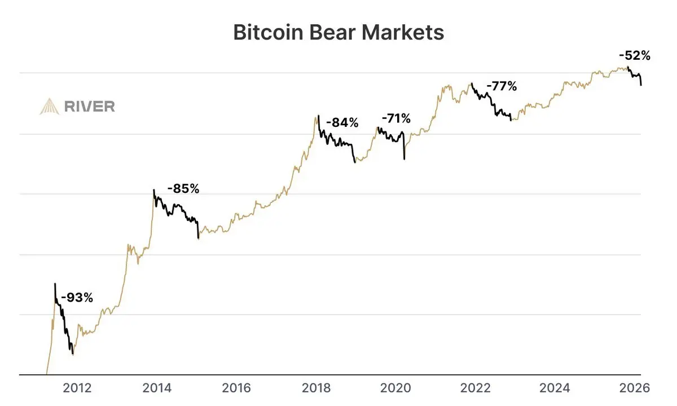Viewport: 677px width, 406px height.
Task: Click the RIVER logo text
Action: point(90,106)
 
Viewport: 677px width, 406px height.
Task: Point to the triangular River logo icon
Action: point(49,106)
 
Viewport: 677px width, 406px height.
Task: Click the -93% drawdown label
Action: point(77,297)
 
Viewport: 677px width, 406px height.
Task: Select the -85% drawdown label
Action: point(183,189)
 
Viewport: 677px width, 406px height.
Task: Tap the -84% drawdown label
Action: point(342,122)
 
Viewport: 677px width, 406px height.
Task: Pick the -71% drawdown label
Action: point(396,119)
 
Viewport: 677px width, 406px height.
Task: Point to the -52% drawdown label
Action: point(635,55)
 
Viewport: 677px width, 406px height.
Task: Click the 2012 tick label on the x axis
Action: point(77,388)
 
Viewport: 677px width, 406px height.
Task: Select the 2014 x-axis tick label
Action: point(157,388)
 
